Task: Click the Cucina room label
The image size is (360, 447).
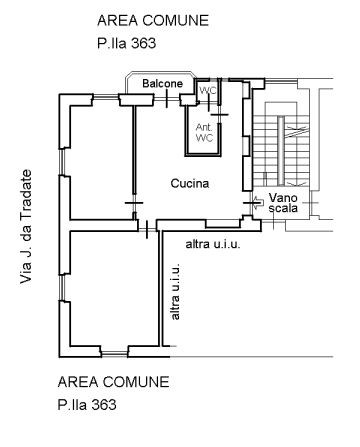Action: point(190,183)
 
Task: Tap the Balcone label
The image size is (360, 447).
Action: point(163,83)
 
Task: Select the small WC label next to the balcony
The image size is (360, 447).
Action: point(208,90)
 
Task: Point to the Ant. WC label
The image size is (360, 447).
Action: point(204,132)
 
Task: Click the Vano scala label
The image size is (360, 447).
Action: point(283,203)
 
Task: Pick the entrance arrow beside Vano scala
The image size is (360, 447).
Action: point(258,202)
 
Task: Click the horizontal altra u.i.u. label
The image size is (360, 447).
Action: point(213,244)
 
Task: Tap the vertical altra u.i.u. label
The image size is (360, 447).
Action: point(175,291)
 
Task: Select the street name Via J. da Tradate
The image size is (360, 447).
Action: point(26,227)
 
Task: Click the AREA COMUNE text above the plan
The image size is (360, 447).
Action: point(153,20)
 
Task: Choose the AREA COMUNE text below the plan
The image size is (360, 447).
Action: point(113,382)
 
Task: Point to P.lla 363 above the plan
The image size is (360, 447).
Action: point(127,43)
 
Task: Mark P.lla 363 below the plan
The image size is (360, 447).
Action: point(87,405)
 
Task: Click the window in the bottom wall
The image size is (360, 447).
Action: point(114,353)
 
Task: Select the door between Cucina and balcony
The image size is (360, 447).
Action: point(167,99)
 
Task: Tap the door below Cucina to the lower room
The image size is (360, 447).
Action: point(147,229)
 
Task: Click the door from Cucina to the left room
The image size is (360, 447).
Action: point(134,203)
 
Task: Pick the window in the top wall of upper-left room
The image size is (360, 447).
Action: point(106,97)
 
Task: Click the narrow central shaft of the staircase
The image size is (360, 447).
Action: point(282,150)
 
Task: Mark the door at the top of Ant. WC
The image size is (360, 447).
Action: point(220,115)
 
